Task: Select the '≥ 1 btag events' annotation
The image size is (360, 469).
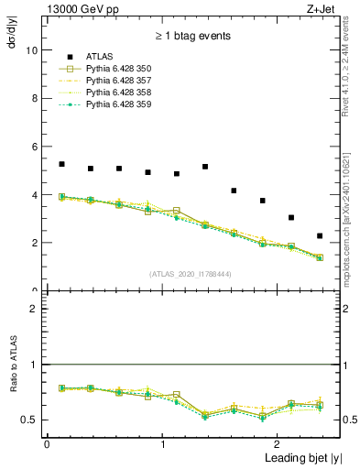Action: point(192,37)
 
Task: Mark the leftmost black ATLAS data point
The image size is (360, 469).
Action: point(61,164)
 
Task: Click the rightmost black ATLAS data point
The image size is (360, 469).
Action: point(320,235)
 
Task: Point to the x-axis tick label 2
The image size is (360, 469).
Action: point(278,443)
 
